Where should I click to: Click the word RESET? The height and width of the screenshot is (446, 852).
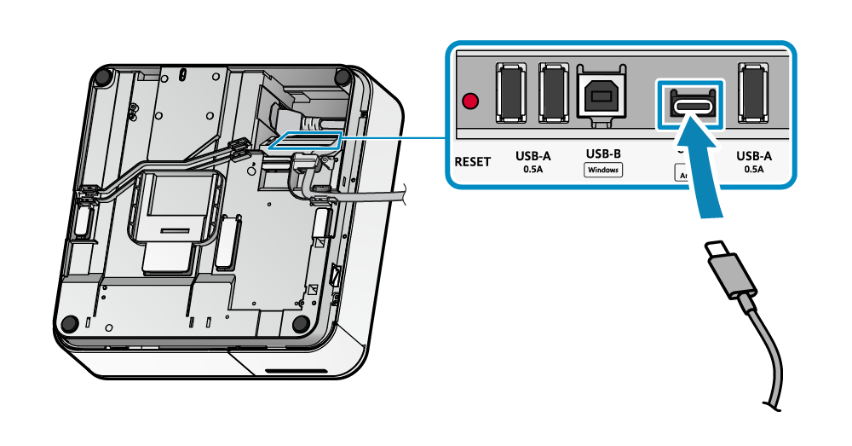pos(472,161)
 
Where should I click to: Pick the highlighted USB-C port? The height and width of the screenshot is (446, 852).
pos(688,105)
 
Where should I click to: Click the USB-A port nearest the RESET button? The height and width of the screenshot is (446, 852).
pos(511,91)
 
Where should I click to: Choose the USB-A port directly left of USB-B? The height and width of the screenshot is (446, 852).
pos(553,91)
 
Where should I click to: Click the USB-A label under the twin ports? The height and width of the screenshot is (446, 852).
pos(532,156)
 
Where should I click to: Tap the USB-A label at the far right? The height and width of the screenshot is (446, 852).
pos(754,156)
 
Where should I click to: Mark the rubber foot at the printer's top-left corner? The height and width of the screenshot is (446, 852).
pos(103,77)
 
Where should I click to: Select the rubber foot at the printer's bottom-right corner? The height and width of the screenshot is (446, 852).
pos(300,324)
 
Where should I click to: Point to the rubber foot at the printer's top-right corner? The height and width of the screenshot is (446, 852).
pos(343,78)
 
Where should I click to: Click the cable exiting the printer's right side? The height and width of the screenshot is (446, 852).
pos(375,197)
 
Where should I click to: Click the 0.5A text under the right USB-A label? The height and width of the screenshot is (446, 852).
pos(754,170)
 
